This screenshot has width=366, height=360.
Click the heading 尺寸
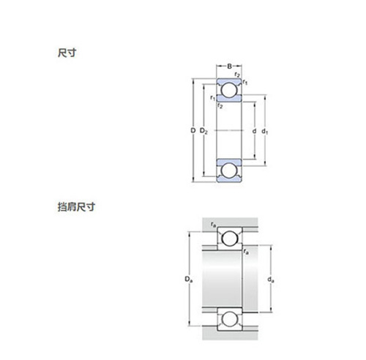coord(67,53)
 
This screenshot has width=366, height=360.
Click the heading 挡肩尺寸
coord(76,207)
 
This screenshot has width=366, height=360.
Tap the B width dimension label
coord(229,66)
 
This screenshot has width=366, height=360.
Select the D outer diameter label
coord(193,131)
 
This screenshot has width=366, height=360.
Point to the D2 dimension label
coord(203,131)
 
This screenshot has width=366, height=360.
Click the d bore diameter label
coord(254,131)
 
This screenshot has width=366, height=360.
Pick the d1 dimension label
coord(265,132)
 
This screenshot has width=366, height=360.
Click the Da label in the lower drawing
coord(189,280)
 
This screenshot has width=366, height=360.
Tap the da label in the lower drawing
coord(271,280)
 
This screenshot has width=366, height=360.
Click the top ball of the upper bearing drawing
coord(229,90)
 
